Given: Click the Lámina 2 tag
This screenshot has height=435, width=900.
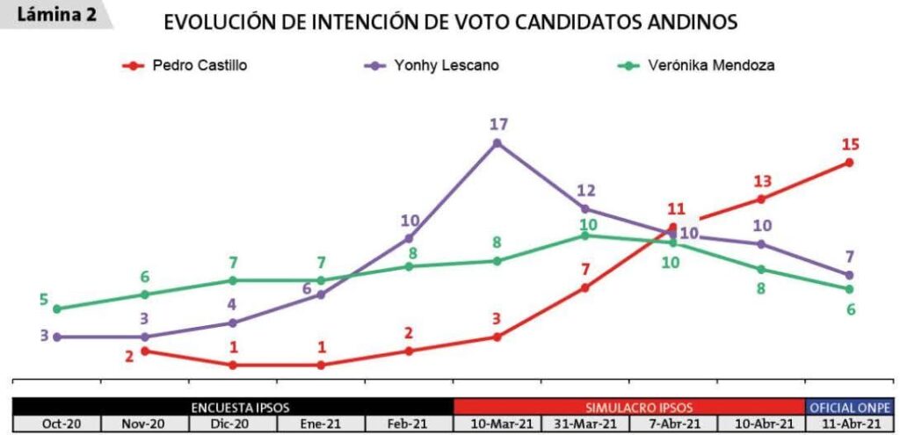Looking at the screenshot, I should pyautogui.click(x=57, y=14).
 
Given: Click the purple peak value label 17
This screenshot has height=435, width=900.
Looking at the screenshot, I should pyautogui.click(x=498, y=125).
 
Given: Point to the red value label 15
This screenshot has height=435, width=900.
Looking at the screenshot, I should pyautogui.click(x=850, y=145).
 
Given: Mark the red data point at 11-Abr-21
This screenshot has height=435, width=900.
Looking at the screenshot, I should pyautogui.click(x=850, y=163).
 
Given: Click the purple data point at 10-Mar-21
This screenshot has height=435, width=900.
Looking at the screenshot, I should pyautogui.click(x=497, y=142).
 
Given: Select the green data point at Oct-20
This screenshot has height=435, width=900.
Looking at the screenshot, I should pyautogui.click(x=57, y=308).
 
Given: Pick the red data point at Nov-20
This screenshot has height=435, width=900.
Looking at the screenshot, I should pyautogui.click(x=145, y=351).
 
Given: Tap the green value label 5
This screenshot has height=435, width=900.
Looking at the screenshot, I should pyautogui.click(x=43, y=299).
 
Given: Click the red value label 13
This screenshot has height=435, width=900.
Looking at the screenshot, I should pyautogui.click(x=761, y=181).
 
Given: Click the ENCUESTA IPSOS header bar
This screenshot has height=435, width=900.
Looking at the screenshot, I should pyautogui.click(x=233, y=407).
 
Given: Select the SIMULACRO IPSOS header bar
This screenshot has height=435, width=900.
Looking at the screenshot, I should pyautogui.click(x=629, y=407).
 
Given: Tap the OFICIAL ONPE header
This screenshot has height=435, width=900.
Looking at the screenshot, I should pyautogui.click(x=850, y=407).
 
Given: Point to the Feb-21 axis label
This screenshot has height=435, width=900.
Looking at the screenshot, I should pyautogui.click(x=409, y=424).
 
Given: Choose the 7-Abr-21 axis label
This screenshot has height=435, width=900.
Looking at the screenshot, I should pyautogui.click(x=673, y=424).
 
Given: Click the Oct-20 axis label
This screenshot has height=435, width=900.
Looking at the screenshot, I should pyautogui.click(x=57, y=424).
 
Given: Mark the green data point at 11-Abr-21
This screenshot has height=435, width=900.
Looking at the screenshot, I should pyautogui.click(x=850, y=289).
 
